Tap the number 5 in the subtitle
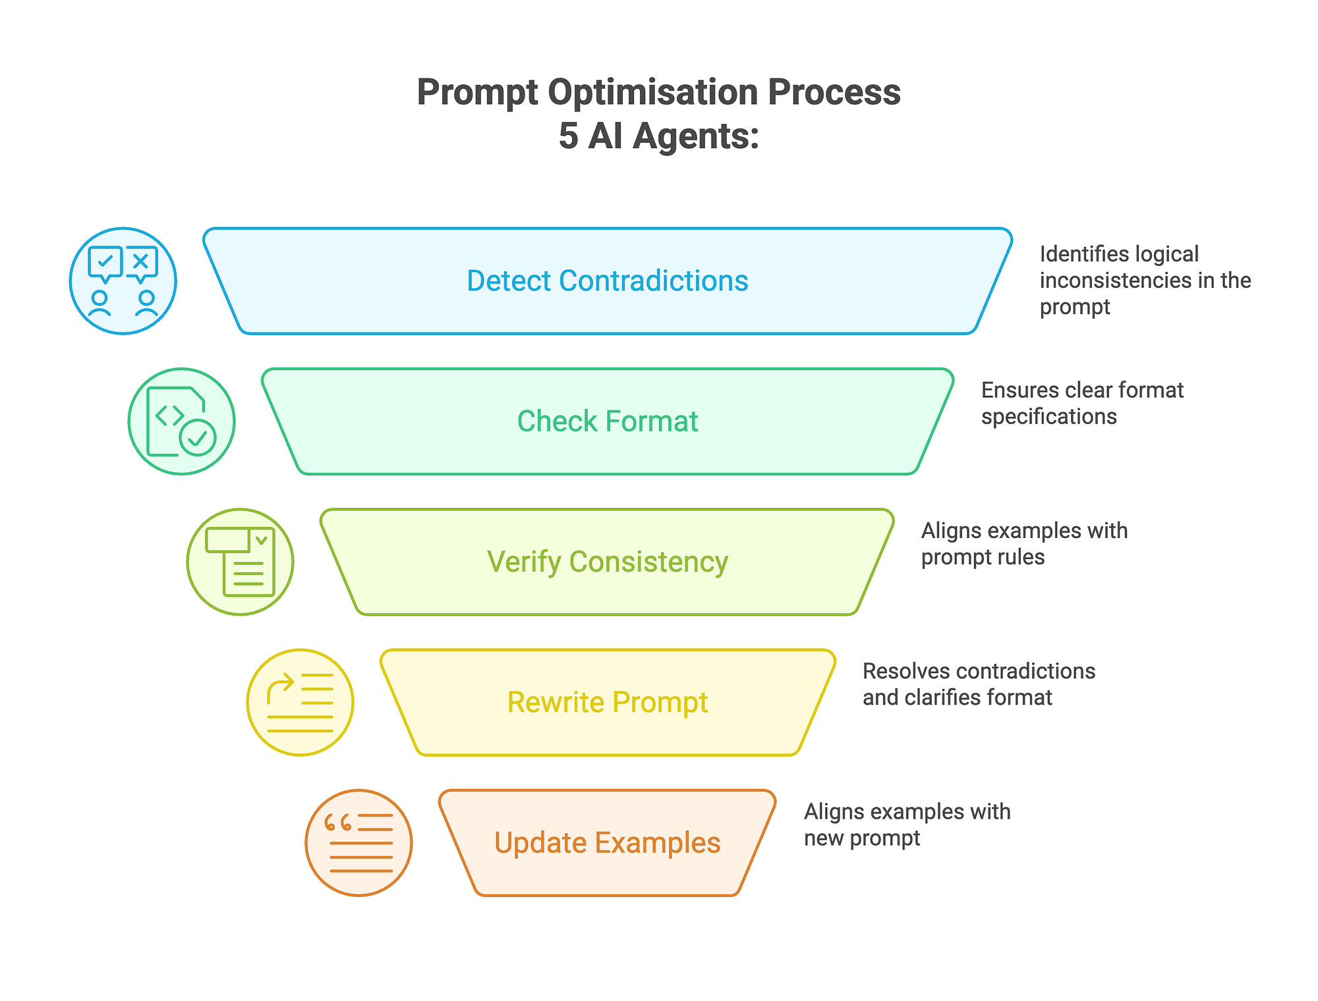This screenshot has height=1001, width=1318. tap(568, 137)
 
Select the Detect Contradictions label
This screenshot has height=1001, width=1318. tap(607, 281)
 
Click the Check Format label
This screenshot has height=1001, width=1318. tap(607, 421)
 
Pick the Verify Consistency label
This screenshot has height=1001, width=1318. tap(607, 562)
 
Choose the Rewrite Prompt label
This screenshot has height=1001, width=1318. tap(607, 703)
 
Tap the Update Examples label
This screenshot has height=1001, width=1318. tap(607, 843)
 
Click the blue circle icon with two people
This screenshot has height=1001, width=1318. tap(123, 281)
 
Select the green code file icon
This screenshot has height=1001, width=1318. tap(181, 421)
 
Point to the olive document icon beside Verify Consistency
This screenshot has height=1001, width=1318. tap(240, 562)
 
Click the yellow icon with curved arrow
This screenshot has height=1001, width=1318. tap(300, 703)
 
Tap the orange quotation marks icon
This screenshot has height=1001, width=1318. tap(358, 843)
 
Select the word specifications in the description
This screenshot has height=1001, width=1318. tap(1048, 417)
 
